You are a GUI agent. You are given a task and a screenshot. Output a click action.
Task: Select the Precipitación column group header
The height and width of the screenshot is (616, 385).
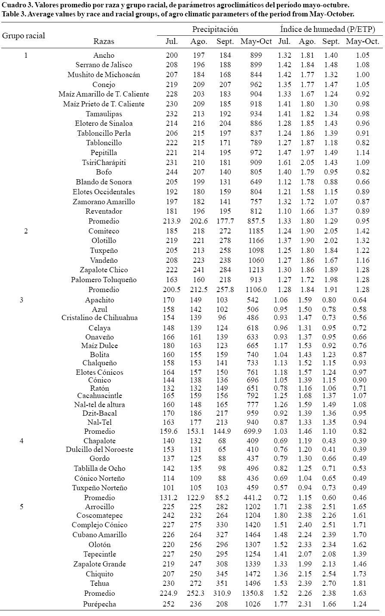coord(215,29)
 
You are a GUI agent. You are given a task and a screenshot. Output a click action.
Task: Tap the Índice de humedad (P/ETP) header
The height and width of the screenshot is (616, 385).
coord(327,29)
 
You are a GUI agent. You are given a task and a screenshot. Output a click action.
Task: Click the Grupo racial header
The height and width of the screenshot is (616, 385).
coord(24,35)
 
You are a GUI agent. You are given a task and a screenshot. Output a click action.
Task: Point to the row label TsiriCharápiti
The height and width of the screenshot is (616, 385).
coord(104,162)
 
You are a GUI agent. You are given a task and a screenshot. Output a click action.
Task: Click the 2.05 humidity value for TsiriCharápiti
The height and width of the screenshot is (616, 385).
coord(307,162)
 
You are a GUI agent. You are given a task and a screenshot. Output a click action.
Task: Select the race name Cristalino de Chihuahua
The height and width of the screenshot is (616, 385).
coord(99,318)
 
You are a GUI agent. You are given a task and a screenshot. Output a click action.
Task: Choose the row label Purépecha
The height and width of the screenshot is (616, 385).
coord(99,604)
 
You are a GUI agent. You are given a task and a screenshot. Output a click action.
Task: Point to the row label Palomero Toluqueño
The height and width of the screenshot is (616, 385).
coord(104,280)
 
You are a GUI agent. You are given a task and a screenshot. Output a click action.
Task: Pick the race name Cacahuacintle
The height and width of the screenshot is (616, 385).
coord(99,395)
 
